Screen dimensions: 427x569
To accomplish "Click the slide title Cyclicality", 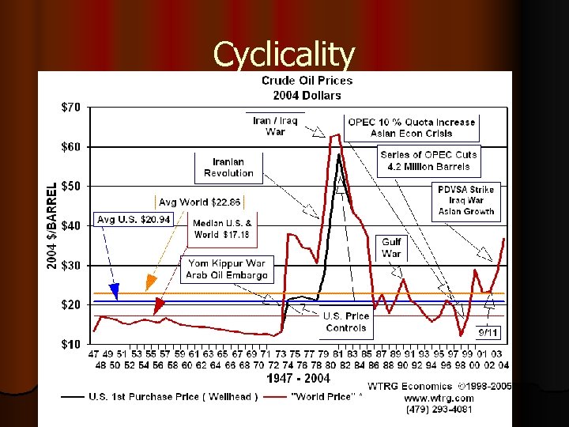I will (284, 55).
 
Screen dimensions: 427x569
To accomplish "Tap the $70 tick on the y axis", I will (70, 107).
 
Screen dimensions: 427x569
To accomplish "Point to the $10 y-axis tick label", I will (70, 344).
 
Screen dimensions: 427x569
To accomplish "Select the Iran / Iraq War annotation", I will (275, 127).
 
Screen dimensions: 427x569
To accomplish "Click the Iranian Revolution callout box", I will (228, 168).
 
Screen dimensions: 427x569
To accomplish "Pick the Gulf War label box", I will (391, 248).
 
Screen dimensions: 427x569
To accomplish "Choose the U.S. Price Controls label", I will (346, 321).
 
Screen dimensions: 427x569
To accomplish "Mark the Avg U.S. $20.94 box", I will (134, 219).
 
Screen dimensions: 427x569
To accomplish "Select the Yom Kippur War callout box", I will (227, 269).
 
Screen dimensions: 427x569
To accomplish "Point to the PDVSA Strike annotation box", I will (466, 200).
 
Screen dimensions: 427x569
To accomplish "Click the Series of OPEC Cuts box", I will (428, 161).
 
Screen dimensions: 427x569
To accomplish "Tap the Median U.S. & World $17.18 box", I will (223, 229).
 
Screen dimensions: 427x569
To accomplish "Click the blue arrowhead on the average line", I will (115, 293).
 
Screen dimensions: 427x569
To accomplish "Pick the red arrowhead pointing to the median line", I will (159, 305).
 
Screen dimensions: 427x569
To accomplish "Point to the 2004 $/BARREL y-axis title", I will (51, 225).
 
